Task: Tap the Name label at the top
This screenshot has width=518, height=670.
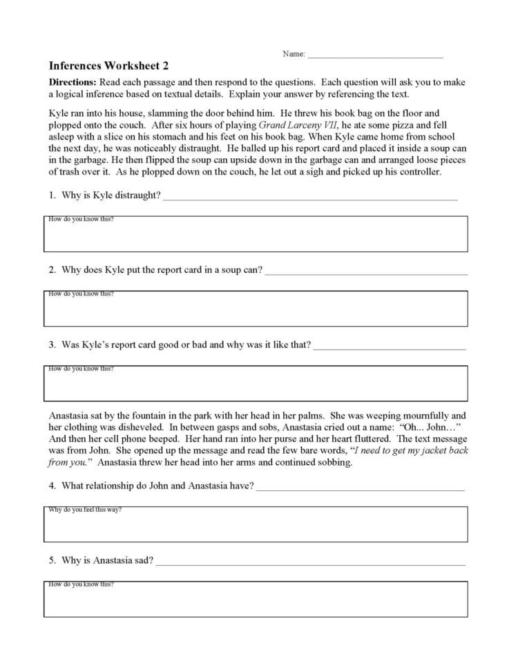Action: click(294, 54)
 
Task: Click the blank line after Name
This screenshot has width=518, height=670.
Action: click(375, 55)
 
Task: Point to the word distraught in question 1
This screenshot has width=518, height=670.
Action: click(139, 195)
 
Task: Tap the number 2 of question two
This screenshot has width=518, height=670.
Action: click(52, 270)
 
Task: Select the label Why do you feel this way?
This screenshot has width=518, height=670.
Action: click(85, 510)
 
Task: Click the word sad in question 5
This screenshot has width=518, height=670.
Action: click(145, 560)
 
